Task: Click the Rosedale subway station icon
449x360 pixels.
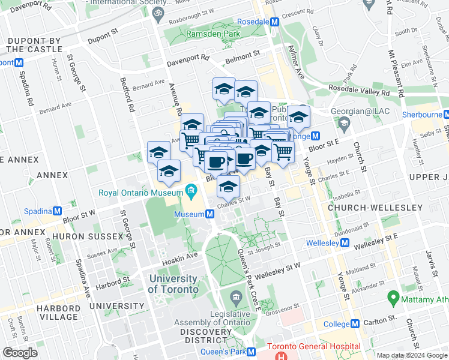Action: pyautogui.click(x=275, y=22)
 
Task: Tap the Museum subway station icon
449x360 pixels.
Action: pyautogui.click(x=211, y=214)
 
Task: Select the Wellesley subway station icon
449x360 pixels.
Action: pyautogui.click(x=345, y=243)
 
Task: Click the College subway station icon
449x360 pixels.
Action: pyautogui.click(x=355, y=323)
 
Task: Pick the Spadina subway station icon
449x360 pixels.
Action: pyautogui.click(x=58, y=211)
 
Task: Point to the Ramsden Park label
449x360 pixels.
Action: pyautogui.click(x=212, y=35)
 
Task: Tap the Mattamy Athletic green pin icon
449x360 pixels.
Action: pyautogui.click(x=394, y=296)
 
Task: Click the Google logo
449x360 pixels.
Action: pyautogui.click(x=20, y=353)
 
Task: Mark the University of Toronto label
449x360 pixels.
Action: pyautogui.click(x=173, y=284)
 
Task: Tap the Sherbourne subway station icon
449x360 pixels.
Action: pyautogui.click(x=445, y=115)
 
